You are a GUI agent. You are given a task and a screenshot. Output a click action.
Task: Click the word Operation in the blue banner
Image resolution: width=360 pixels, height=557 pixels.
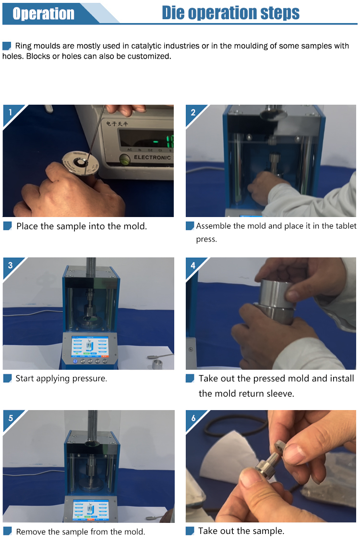click(x=43, y=13)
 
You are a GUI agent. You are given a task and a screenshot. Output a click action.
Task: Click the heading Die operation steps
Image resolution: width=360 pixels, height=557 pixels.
click(x=230, y=12)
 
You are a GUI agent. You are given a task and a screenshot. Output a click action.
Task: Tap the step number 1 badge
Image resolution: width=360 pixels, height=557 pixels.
click(x=10, y=112)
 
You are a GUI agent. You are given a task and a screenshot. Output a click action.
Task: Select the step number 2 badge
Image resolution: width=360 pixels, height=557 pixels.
click(x=193, y=112)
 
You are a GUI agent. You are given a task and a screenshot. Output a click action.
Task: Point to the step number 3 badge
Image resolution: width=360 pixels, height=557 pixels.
click(x=10, y=265)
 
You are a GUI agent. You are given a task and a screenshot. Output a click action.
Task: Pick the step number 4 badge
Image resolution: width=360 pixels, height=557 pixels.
click(x=193, y=265)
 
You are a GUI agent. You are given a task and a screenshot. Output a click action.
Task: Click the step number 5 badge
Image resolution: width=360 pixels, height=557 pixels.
click(x=10, y=418)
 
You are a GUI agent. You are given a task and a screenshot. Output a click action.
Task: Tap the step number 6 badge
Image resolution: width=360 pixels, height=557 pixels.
click(x=193, y=418)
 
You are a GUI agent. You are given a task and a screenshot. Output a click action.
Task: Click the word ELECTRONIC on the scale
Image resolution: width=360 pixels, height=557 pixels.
click(x=152, y=157)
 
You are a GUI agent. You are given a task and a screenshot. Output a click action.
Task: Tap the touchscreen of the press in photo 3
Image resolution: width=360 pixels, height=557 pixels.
click(x=90, y=346)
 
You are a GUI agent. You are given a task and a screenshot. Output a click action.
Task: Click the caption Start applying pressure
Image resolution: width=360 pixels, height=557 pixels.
click(x=61, y=378)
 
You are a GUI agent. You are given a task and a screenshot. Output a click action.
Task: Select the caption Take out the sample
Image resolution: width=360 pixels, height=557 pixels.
click(x=241, y=531)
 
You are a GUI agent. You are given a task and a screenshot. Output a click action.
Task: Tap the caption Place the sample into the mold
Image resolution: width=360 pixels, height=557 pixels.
click(x=82, y=226)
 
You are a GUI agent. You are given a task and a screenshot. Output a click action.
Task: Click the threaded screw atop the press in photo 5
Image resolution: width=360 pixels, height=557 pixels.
click(x=92, y=421)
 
